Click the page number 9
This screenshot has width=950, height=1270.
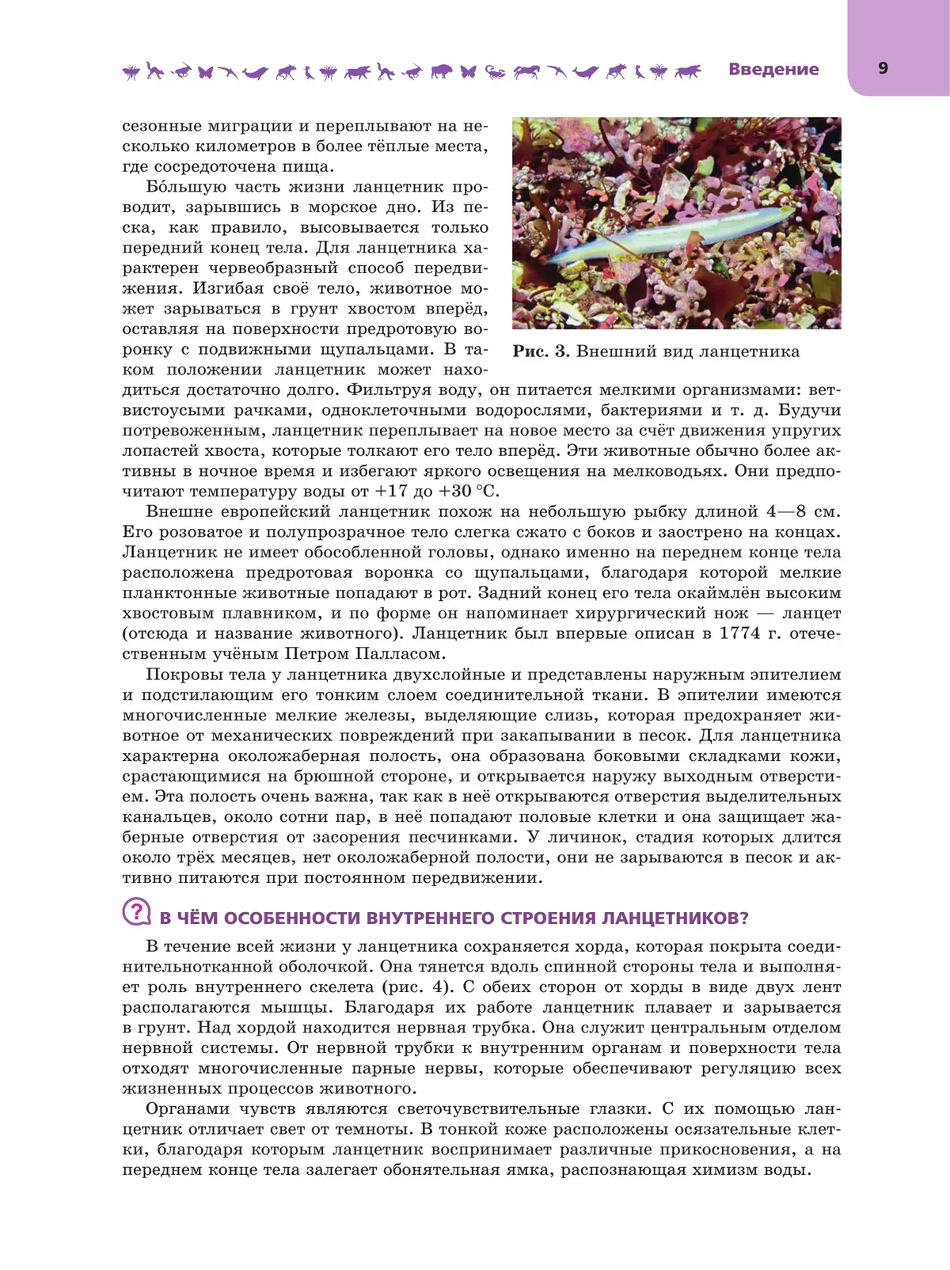[883, 68]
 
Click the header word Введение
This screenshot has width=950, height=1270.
[773, 70]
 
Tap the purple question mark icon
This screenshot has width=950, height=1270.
[136, 912]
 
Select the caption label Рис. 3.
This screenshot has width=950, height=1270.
[541, 352]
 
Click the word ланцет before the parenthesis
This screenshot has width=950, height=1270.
[811, 614]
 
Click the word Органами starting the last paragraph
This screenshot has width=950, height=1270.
[188, 1109]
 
